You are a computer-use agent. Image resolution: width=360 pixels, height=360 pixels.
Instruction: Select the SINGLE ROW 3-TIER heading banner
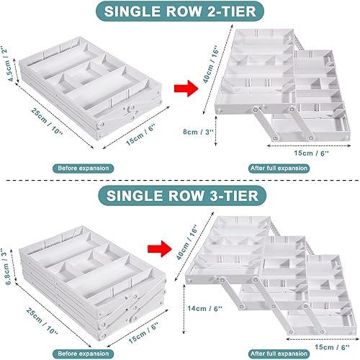coord(179,195)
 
